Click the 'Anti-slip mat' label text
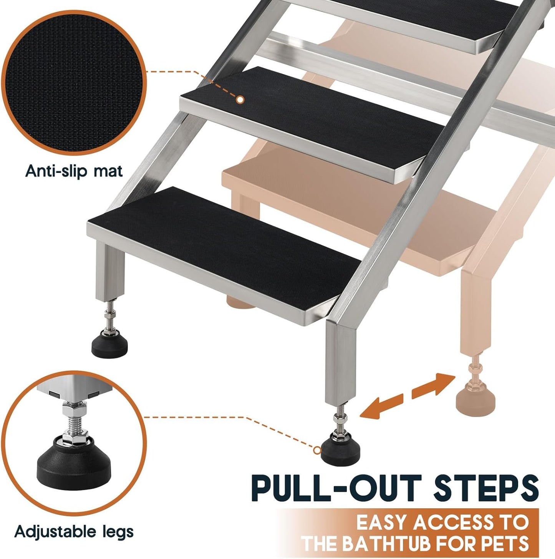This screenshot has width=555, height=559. click(x=74, y=171)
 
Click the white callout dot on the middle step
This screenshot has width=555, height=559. click(x=240, y=100)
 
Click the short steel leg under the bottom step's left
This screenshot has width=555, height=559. click(x=110, y=272)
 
